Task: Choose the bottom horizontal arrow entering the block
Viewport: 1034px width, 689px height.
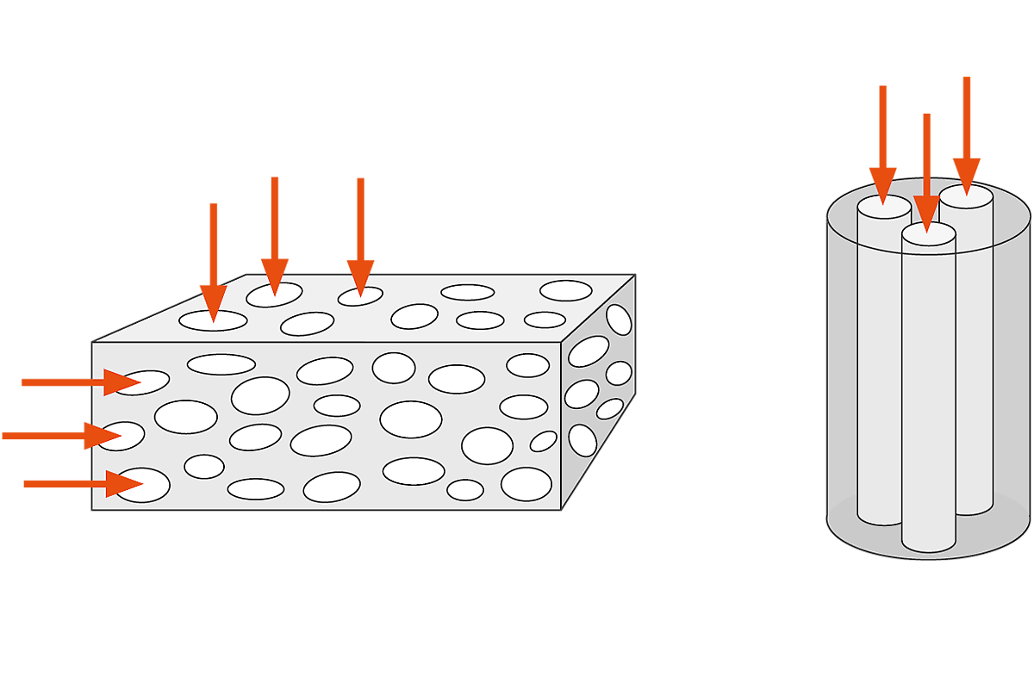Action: click(83, 484)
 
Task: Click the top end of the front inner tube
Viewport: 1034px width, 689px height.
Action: click(929, 234)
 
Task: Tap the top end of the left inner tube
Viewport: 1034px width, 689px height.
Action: click(883, 207)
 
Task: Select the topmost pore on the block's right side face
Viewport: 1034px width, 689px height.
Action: click(619, 319)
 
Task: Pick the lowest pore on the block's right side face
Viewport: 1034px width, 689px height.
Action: click(582, 440)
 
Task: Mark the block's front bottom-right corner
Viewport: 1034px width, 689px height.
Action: click(562, 509)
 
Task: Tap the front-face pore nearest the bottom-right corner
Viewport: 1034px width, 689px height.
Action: click(526, 484)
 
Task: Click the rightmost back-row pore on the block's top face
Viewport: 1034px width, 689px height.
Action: click(566, 290)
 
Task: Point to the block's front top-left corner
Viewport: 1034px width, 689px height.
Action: click(92, 343)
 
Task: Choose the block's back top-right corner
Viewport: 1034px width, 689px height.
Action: click(635, 275)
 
